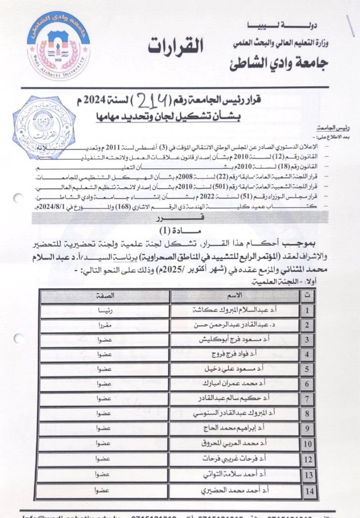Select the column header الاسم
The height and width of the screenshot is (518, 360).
click(x=236, y=295)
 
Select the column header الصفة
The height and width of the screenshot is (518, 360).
click(x=105, y=295)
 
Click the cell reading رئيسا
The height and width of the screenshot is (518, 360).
click(x=105, y=310)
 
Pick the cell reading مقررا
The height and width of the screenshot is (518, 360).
click(x=105, y=324)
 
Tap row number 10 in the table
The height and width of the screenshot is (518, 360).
click(x=308, y=445)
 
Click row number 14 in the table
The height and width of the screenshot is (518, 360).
click(x=308, y=490)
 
